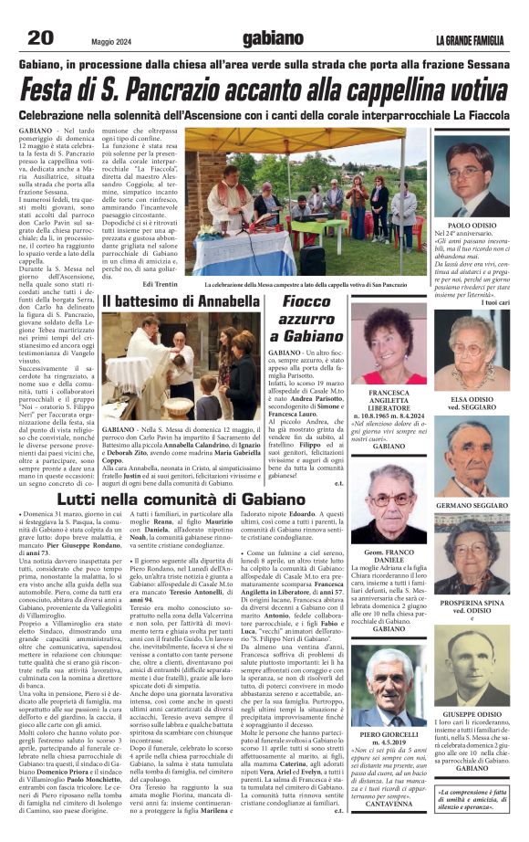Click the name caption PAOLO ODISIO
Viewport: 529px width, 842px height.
coord(478,225)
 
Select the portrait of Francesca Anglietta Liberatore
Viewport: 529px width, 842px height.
coord(389,342)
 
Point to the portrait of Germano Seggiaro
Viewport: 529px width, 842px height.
coord(478,458)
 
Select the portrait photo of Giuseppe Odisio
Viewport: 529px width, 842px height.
coord(478,669)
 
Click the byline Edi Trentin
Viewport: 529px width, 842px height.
coord(161,285)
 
